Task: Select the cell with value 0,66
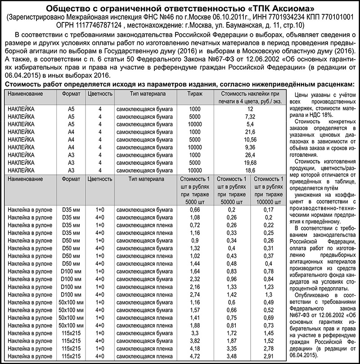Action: (x=195, y=210)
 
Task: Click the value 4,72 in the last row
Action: (x=195, y=356)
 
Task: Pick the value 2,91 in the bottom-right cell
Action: (x=269, y=356)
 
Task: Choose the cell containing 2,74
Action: (x=195, y=294)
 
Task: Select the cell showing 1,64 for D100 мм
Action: (x=195, y=271)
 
